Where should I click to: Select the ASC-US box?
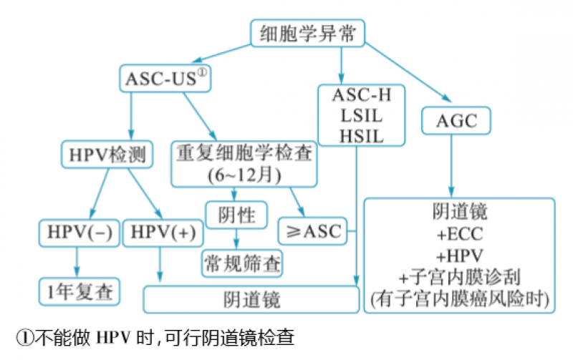click(x=166, y=77)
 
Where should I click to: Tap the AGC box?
click(x=456, y=120)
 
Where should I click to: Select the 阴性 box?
click(x=236, y=213)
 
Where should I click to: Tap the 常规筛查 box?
click(x=241, y=261)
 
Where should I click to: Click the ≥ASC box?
click(x=313, y=232)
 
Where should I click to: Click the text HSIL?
click(x=357, y=136)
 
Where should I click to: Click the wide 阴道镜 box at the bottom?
click(x=251, y=298)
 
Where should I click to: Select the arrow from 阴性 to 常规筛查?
click(x=236, y=238)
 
